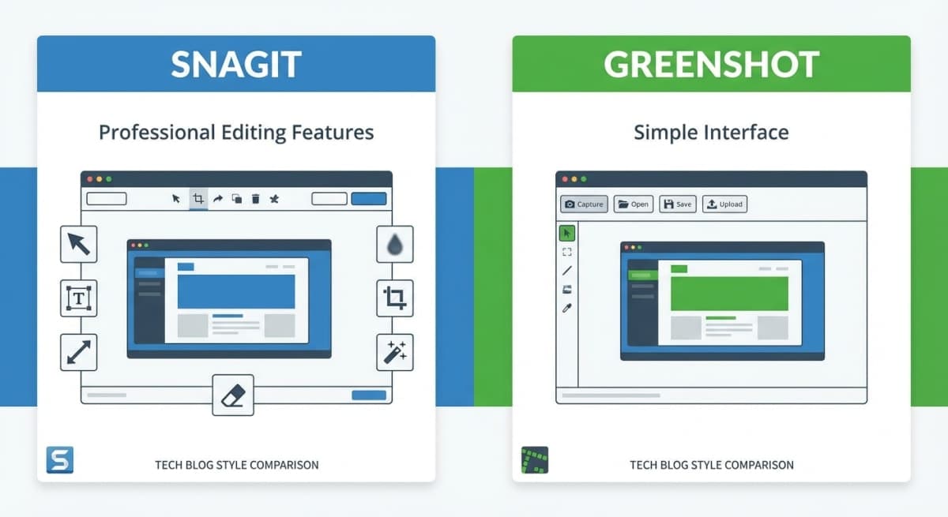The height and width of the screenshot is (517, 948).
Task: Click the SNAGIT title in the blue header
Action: point(235,64)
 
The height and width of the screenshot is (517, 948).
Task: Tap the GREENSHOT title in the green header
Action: point(711,64)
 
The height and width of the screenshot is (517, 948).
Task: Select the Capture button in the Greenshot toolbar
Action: point(584,204)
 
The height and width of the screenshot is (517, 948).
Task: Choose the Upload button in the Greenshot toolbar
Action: point(724,204)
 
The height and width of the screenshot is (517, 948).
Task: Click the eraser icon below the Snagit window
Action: point(233,395)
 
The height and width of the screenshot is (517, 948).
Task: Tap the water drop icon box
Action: point(394,245)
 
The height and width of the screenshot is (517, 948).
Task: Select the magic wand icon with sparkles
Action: point(394,352)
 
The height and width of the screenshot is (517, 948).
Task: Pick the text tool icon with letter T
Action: point(79,298)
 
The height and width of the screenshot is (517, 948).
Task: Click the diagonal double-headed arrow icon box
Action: point(79,352)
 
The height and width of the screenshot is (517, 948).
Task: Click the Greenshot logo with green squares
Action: point(535,460)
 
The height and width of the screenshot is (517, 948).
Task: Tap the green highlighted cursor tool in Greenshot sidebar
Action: point(566,233)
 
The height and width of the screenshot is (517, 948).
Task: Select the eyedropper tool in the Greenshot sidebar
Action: point(566,309)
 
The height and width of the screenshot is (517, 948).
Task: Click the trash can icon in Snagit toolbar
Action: point(255,199)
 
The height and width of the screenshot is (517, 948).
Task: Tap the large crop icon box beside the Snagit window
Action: point(394,298)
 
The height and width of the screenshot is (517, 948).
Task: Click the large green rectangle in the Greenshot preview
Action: point(728,293)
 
